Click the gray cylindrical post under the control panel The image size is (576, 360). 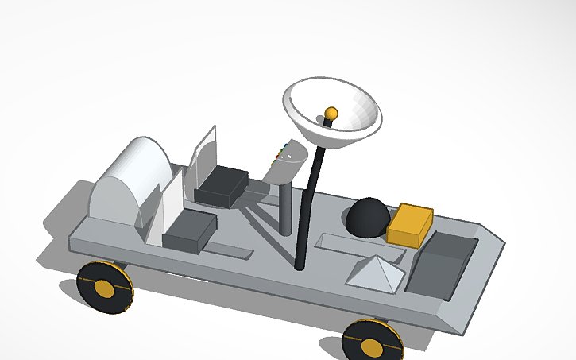click(x=285, y=207)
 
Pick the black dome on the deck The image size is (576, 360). click(x=368, y=217)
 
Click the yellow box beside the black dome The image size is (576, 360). click(x=410, y=225)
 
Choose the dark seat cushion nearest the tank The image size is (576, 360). click(x=189, y=232)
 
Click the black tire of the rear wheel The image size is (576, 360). click(x=87, y=278)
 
